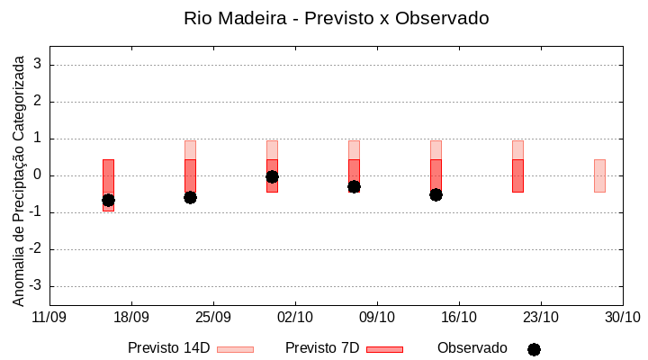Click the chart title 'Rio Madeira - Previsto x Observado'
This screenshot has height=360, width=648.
pos(336,18)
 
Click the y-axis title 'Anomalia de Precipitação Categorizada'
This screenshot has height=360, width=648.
pos(18,178)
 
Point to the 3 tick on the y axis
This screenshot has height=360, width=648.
pos(39,65)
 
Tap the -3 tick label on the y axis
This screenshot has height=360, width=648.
pos(36,286)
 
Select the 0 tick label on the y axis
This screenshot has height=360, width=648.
pos(39,175)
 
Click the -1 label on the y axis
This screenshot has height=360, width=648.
pos(36,212)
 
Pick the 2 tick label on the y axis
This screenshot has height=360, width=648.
pos(39,102)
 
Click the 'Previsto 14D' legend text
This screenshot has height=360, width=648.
pos(168,348)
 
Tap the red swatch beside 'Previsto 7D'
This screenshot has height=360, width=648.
pos(384,349)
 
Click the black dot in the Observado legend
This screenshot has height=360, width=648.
pos(534,349)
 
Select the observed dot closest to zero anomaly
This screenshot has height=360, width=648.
pos(272,176)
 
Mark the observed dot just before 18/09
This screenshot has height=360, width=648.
pos(108,200)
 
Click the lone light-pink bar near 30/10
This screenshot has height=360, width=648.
pos(599,175)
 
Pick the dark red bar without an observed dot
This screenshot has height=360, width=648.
pos(517,175)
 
